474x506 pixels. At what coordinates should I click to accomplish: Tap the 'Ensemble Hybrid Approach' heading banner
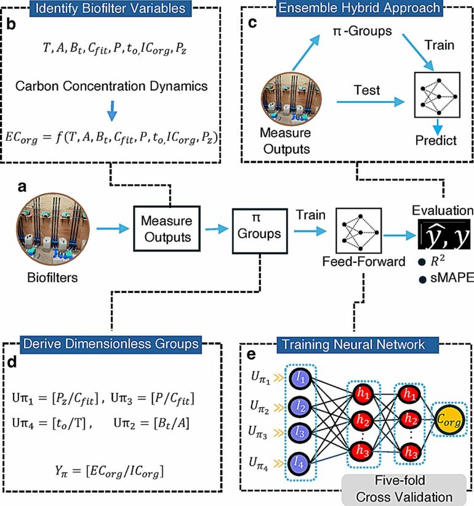point(360,8)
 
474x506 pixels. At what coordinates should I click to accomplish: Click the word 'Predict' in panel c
point(435,140)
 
